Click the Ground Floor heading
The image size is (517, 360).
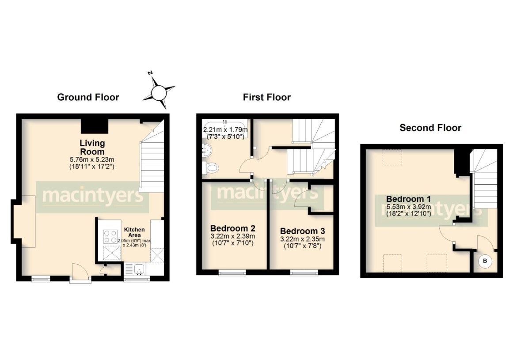pyautogui.click(x=88, y=97)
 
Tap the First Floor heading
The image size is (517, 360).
pyautogui.click(x=266, y=97)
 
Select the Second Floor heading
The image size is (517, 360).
pyautogui.click(x=430, y=128)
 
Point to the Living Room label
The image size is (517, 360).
pyautogui.click(x=92, y=147)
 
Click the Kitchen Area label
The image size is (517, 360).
pyautogui.click(x=134, y=232)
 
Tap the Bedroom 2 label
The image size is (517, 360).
pyautogui.click(x=232, y=228)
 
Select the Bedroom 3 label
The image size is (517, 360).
pyautogui.click(x=302, y=231)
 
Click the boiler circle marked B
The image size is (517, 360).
pyautogui.click(x=485, y=261)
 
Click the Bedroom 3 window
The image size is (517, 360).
pyautogui.click(x=303, y=273)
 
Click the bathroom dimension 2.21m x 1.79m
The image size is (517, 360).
pyautogui.click(x=225, y=130)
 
